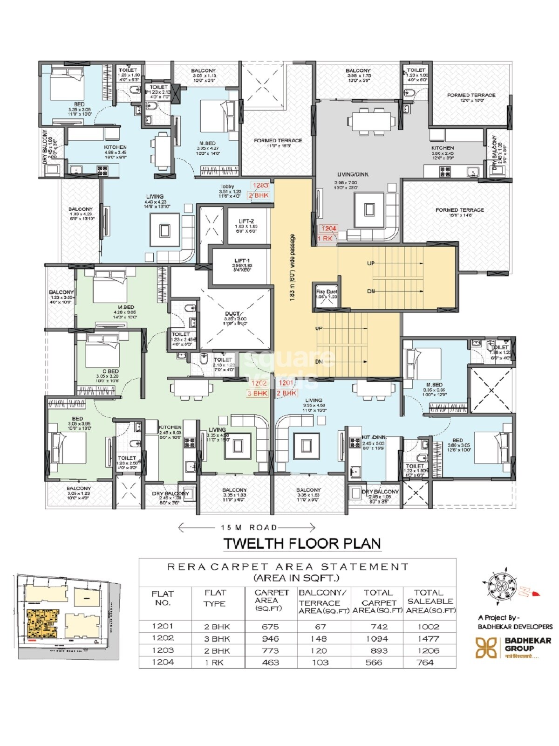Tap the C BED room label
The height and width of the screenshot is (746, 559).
tap(108, 371)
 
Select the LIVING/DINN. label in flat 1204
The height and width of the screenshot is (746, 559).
tap(352, 174)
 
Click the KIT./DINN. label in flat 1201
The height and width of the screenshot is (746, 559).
tap(373, 437)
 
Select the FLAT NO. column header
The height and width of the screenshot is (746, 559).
tap(163, 598)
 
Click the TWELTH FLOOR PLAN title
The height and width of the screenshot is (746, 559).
tap(302, 544)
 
